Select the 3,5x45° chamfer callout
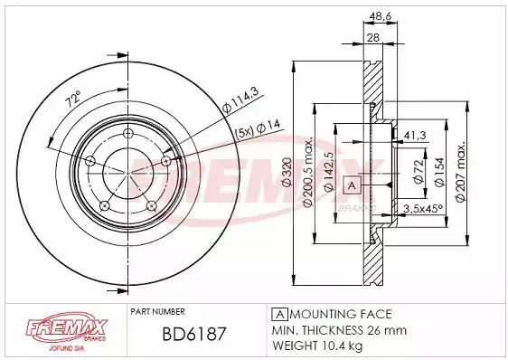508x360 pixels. (422, 208)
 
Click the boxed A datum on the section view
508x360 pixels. (351, 185)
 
